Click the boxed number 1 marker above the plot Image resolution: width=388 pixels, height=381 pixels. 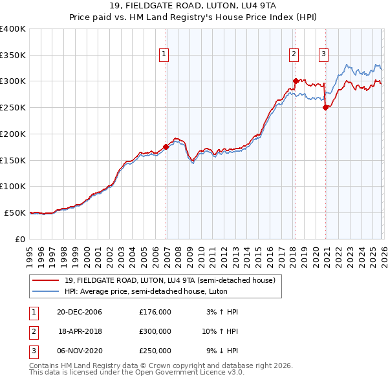coord(165,54)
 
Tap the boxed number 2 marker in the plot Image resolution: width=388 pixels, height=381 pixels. coord(294,54)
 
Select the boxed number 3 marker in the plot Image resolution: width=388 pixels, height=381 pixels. coord(323,54)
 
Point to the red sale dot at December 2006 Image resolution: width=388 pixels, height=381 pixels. coord(166,147)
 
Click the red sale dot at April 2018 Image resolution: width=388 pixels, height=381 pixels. coord(296,81)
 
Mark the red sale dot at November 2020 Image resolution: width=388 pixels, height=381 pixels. coord(325,108)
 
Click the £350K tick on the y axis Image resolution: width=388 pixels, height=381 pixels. coord(13,55)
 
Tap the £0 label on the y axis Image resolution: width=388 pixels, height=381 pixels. coord(20,239)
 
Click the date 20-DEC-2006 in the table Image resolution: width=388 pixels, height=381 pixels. coord(80,312)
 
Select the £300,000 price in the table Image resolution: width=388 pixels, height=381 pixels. coord(155,331)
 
